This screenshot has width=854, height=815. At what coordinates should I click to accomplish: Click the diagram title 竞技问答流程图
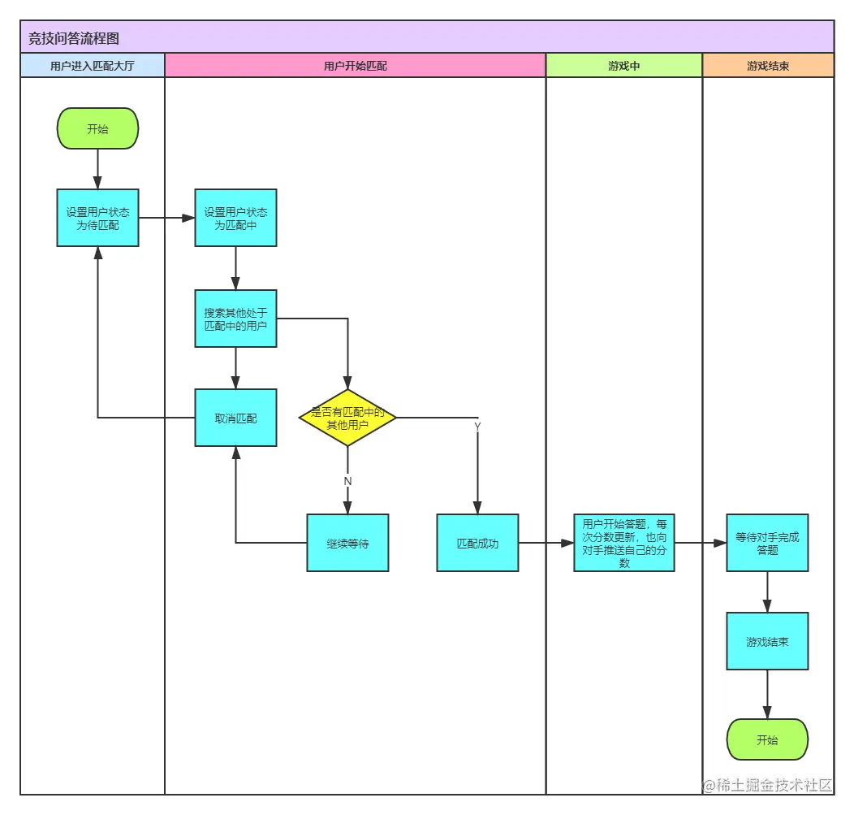click(x=74, y=38)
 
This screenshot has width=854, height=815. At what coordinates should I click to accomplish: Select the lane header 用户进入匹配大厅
click(x=92, y=66)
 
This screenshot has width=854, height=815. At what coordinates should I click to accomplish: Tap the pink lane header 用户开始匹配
click(x=355, y=66)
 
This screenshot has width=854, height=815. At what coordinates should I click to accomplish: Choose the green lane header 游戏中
click(x=623, y=66)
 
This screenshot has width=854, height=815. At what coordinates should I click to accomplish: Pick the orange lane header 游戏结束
click(x=768, y=66)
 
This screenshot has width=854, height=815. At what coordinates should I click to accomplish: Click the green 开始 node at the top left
click(x=98, y=128)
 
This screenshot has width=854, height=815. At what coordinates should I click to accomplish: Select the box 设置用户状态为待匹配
click(x=98, y=218)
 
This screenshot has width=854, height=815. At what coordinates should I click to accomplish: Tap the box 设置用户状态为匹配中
click(x=236, y=218)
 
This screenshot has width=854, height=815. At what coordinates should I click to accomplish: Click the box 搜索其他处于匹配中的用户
click(x=236, y=319)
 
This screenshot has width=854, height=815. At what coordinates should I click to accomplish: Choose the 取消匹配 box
click(x=236, y=418)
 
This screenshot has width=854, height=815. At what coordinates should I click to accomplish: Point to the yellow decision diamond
click(x=347, y=418)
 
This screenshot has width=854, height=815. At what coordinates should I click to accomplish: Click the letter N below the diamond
click(x=347, y=481)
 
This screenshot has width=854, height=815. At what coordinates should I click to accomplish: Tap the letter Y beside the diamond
click(x=477, y=427)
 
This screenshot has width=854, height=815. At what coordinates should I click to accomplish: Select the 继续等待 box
click(x=347, y=543)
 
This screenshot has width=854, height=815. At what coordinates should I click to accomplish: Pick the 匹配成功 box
click(x=477, y=543)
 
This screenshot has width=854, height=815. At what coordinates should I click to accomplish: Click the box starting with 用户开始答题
click(x=624, y=543)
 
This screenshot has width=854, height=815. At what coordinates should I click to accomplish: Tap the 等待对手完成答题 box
click(x=767, y=543)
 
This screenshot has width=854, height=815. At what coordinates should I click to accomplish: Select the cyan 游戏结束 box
click(x=767, y=642)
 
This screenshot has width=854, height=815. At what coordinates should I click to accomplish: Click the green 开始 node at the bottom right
click(x=767, y=739)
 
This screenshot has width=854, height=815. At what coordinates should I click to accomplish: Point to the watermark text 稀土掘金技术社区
click(x=774, y=785)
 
